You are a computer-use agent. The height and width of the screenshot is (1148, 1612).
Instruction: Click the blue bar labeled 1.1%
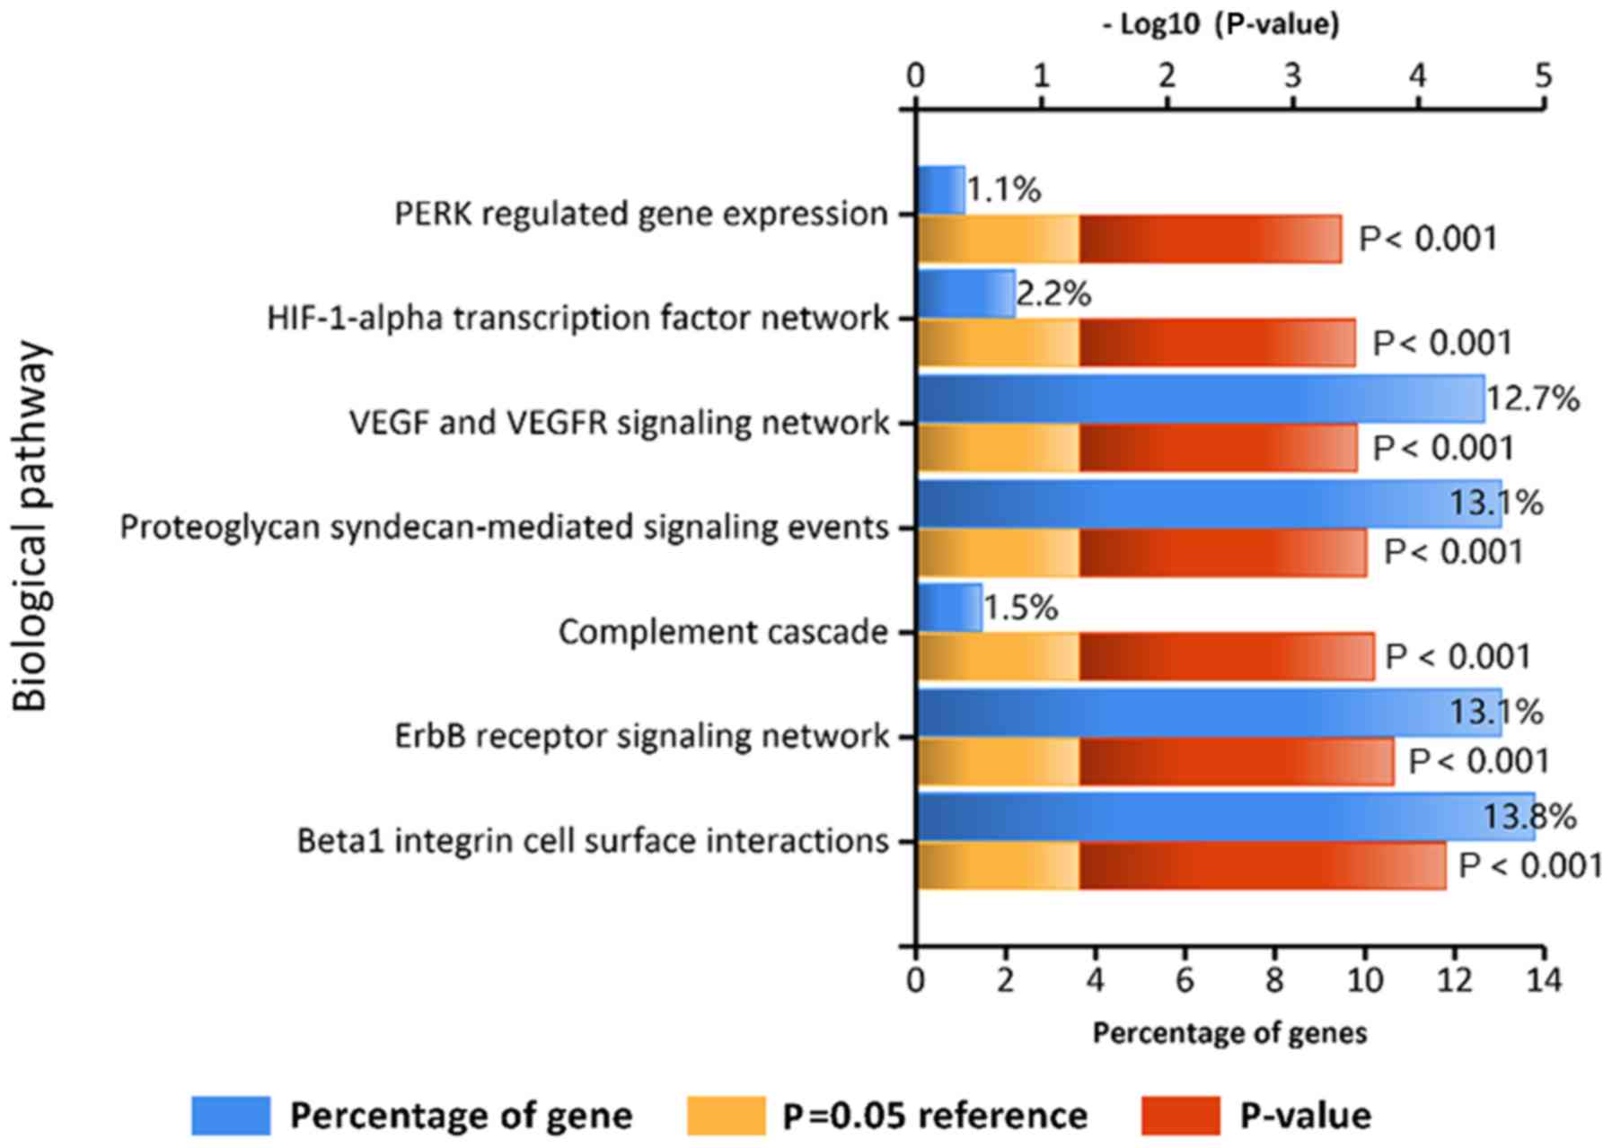[x=940, y=190]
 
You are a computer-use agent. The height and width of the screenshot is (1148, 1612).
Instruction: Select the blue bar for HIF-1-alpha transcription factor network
[x=965, y=294]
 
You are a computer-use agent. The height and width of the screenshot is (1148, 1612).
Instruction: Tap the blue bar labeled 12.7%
[x=1200, y=399]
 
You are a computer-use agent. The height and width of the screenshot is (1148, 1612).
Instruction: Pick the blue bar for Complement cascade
[x=949, y=608]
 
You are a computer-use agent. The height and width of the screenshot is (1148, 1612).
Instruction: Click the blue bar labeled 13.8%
[x=1225, y=817]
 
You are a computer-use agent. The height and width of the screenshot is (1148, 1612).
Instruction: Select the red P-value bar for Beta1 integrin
[x=1262, y=866]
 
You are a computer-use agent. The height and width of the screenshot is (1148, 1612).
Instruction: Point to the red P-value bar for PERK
[x=1210, y=240]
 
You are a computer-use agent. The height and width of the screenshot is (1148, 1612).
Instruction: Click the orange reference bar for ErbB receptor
[x=998, y=762]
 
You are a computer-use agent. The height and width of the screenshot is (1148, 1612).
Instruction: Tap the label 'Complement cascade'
[x=723, y=632]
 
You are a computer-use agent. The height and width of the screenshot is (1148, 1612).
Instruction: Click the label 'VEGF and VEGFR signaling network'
[x=619, y=423]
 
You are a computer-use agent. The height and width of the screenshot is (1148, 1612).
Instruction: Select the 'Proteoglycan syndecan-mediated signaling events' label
[x=504, y=527]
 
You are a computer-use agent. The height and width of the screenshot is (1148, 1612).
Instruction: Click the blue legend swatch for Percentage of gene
[x=230, y=1116]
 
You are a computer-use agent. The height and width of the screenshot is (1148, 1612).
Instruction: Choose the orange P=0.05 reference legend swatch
[x=726, y=1116]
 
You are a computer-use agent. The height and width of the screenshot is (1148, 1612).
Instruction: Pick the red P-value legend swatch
[x=1180, y=1116]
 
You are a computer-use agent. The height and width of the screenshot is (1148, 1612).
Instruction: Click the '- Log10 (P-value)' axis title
[x=1221, y=24]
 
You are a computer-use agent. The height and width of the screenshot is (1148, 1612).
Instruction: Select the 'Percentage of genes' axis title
[x=1229, y=1033]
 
